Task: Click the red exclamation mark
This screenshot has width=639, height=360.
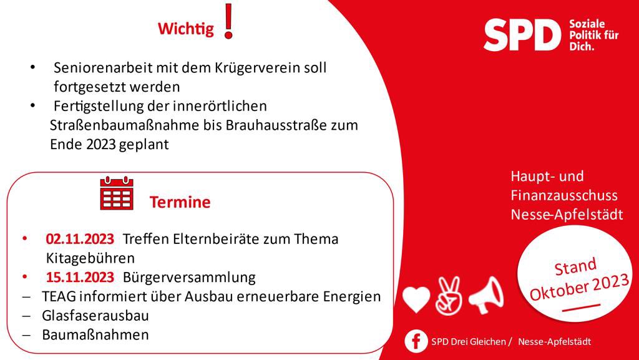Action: click(x=228, y=21)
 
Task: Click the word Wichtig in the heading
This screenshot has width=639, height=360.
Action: click(x=185, y=29)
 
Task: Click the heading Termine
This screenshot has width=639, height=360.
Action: click(x=180, y=202)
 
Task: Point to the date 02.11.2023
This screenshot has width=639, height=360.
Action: click(x=80, y=239)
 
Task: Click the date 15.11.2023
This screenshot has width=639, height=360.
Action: click(x=80, y=276)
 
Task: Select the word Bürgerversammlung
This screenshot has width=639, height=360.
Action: click(x=190, y=276)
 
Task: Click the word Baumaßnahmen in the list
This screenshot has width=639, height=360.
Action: click(x=95, y=334)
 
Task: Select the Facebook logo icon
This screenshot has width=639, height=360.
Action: click(x=416, y=341)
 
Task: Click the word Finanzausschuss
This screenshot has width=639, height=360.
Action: click(x=564, y=195)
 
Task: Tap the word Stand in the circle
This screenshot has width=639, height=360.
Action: click(x=575, y=268)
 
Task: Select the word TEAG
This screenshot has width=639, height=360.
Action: click(x=58, y=296)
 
